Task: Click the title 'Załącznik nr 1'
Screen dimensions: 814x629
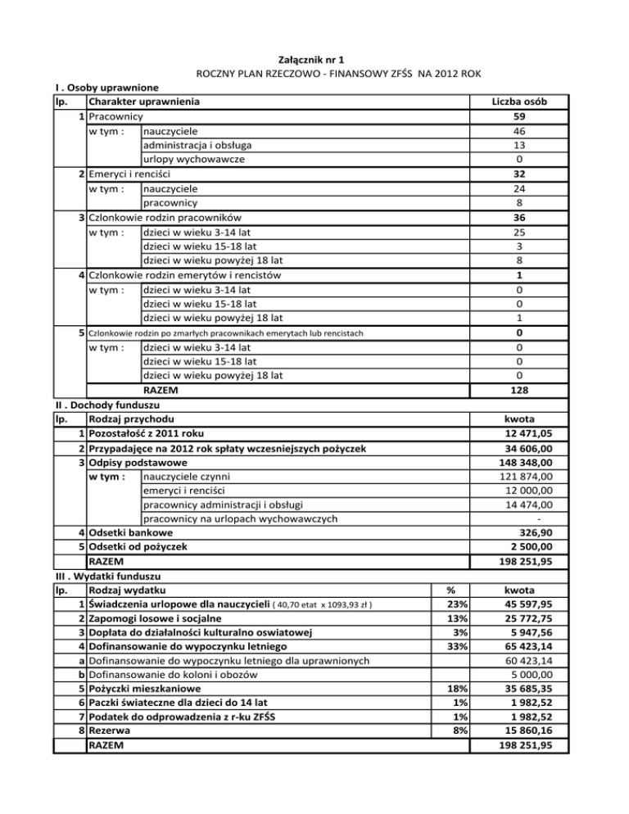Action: click(314, 60)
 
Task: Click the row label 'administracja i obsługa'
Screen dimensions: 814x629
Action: click(202, 146)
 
